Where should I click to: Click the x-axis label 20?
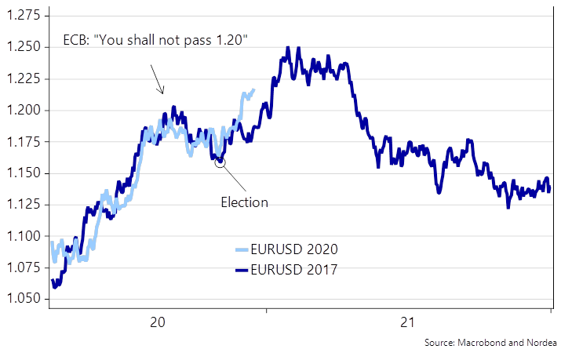click(x=157, y=322)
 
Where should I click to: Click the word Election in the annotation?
click(x=243, y=202)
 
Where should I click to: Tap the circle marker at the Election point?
click(x=220, y=162)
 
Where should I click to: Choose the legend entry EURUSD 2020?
click(x=297, y=249)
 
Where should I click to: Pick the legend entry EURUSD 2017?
click(x=297, y=271)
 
